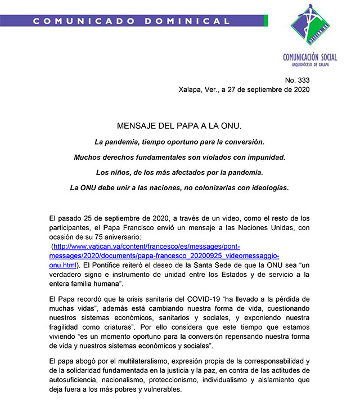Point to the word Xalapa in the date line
tap(191, 89)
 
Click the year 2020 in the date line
tap(299, 89)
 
